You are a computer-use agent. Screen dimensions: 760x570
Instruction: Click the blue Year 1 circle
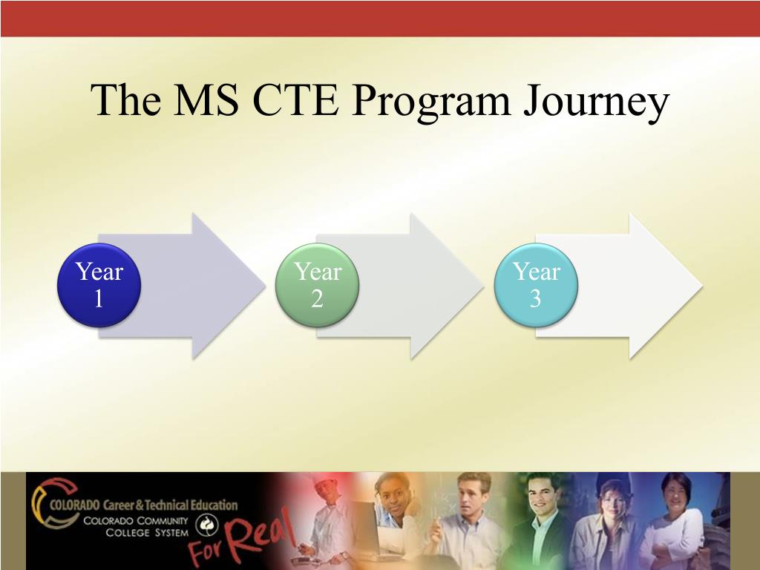point(99,285)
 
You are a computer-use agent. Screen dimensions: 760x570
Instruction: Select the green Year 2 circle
point(318,285)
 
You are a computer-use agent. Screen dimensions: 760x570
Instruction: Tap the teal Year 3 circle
point(536,285)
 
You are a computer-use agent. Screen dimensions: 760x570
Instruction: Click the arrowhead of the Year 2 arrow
point(450,286)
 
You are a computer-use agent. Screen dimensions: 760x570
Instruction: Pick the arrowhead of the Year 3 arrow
point(668,286)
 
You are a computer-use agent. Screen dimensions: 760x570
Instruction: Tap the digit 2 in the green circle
point(318,298)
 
